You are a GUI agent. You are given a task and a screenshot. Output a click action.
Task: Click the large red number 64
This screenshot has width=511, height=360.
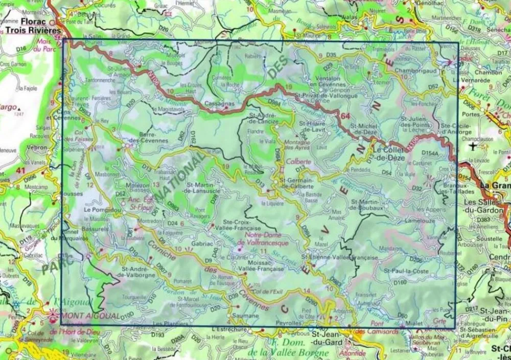click(x=345, y=117)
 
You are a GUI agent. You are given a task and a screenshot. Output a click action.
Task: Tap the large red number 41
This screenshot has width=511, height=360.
click(x=21, y=170)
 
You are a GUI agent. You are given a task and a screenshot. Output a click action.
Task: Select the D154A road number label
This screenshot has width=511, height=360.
click(x=431, y=153)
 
